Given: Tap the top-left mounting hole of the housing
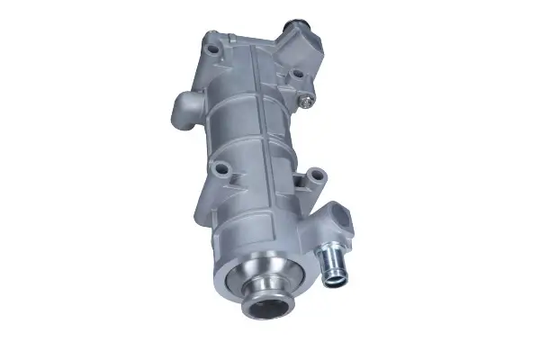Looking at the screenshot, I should (x=211, y=41).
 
